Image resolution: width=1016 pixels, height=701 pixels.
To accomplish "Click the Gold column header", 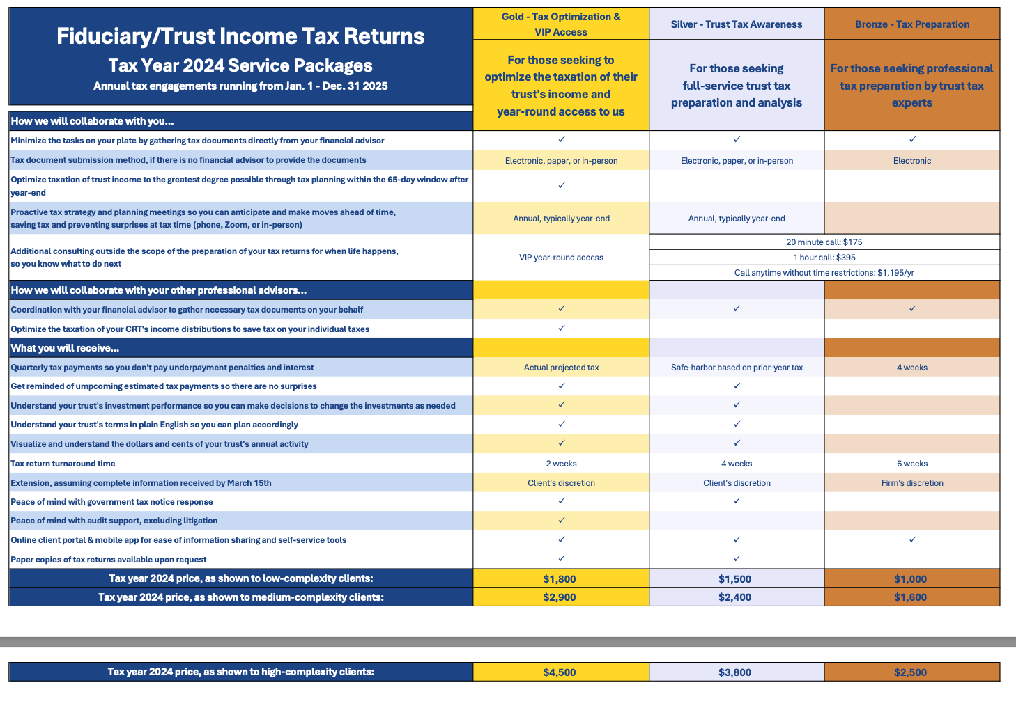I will point(561,24).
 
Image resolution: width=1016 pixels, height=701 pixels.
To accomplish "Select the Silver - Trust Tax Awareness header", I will point(737,24).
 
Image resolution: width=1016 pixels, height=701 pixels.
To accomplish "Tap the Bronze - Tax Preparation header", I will point(912,24).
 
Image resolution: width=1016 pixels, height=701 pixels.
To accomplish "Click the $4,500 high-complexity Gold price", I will point(560,672).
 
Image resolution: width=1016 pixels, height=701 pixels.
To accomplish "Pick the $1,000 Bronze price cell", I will point(911,579).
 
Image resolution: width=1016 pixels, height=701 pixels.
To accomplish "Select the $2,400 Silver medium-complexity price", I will point(735,597).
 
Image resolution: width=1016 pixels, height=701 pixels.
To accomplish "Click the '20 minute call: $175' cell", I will point(824,242).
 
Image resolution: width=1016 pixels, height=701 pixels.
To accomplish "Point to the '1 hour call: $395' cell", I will point(824,258).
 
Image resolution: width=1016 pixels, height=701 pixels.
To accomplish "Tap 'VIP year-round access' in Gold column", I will point(561,258).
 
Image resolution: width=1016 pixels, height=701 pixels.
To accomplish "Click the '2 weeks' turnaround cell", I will point(561,464).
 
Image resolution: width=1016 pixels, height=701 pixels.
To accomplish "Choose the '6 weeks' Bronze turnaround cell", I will point(912,464).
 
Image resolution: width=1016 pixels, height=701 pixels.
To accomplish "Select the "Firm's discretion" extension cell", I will point(912,483).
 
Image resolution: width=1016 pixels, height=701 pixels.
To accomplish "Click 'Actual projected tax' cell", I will point(561,368).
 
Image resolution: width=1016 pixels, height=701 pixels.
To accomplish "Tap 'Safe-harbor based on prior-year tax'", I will point(737,368).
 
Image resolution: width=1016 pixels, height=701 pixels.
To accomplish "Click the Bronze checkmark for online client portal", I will point(912,539).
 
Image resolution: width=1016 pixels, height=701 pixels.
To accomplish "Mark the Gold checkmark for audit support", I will point(562,520).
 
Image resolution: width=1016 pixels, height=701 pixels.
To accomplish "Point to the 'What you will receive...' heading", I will point(65,348).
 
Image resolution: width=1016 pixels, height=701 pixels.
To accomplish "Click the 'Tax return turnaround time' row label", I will point(63,464).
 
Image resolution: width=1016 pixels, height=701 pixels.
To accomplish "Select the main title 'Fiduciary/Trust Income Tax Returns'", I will point(240,36).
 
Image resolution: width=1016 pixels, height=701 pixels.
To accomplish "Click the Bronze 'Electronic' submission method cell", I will point(912,161).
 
